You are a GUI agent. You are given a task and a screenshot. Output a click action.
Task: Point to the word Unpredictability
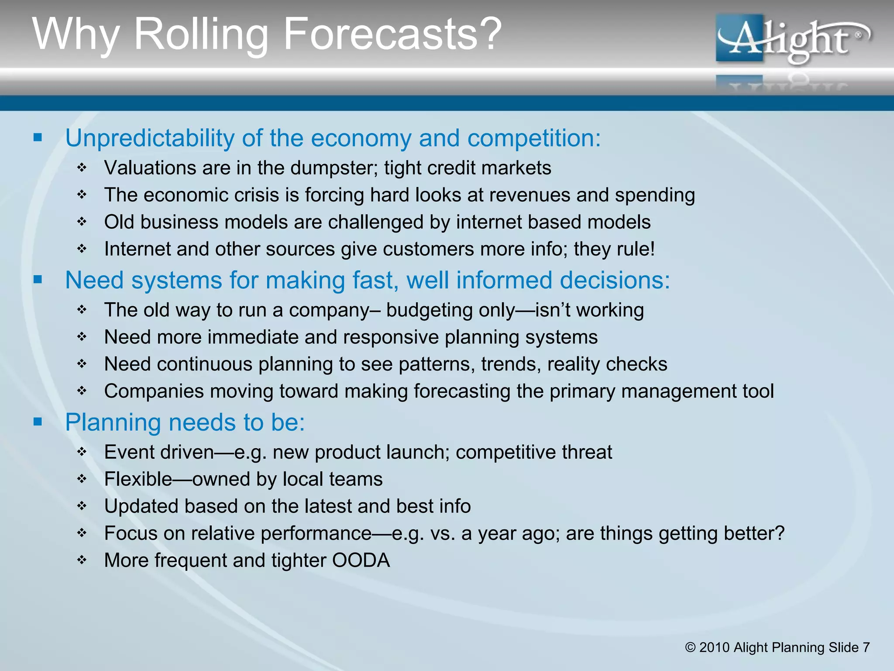coord(150,138)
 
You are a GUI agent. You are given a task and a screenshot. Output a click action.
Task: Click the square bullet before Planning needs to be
coord(38,422)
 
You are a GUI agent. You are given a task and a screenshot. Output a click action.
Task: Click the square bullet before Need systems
coord(38,280)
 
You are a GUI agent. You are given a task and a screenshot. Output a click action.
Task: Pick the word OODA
coord(361,560)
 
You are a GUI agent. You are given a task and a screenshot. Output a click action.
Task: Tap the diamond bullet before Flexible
coord(82,479)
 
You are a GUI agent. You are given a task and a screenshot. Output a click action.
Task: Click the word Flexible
coord(138,479)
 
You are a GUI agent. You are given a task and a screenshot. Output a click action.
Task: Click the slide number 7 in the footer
coord(866,647)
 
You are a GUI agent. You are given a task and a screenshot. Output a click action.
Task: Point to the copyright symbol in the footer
coord(690,647)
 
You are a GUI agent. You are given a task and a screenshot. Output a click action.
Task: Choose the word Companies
coord(154,391)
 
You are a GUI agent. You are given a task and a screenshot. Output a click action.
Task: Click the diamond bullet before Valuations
coord(82,168)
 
